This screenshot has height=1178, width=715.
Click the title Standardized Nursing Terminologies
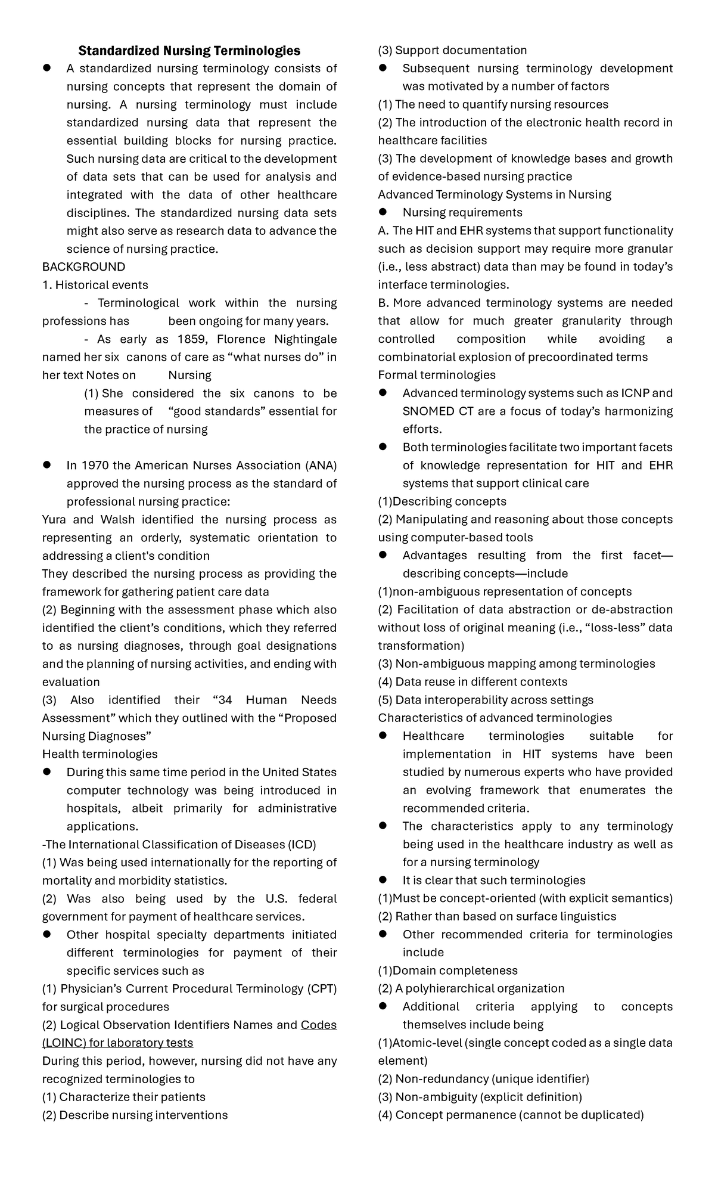tap(189, 51)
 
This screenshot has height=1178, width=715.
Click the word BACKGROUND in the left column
tap(83, 266)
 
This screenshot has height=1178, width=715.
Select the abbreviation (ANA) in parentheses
tap(321, 465)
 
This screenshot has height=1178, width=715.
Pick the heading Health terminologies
tap(100, 754)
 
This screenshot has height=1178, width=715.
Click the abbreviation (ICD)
tap(303, 844)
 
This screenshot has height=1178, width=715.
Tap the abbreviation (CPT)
tap(322, 988)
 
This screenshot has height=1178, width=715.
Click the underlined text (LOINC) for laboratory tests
tap(117, 1043)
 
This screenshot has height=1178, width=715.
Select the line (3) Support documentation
tap(452, 51)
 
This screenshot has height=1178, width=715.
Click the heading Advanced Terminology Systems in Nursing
tap(495, 194)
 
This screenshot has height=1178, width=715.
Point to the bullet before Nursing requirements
tap(383, 212)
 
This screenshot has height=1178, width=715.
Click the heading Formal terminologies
tap(437, 375)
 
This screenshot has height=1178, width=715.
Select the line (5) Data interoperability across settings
tap(486, 700)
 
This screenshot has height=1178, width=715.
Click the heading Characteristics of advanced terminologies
tap(495, 718)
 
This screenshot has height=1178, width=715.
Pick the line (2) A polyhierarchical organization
tap(471, 988)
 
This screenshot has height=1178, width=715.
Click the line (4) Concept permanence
tap(511, 1115)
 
